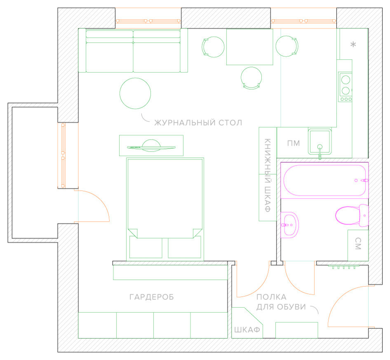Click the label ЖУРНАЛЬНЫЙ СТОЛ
[x=198, y=122]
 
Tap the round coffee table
[x=135, y=93]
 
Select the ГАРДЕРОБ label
[x=151, y=297]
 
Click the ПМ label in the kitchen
[x=294, y=143]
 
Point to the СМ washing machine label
[x=357, y=244]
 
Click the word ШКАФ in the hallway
[x=247, y=330]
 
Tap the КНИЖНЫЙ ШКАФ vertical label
[x=267, y=175]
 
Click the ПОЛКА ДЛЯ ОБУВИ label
[x=282, y=302]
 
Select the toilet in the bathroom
[x=351, y=215]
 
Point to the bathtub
[x=324, y=180]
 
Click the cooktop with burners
[x=345, y=86]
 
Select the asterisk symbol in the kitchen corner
[x=353, y=45]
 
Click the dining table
[x=250, y=47]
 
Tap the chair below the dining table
[x=251, y=78]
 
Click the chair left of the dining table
[x=213, y=46]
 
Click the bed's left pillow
[x=146, y=247]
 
